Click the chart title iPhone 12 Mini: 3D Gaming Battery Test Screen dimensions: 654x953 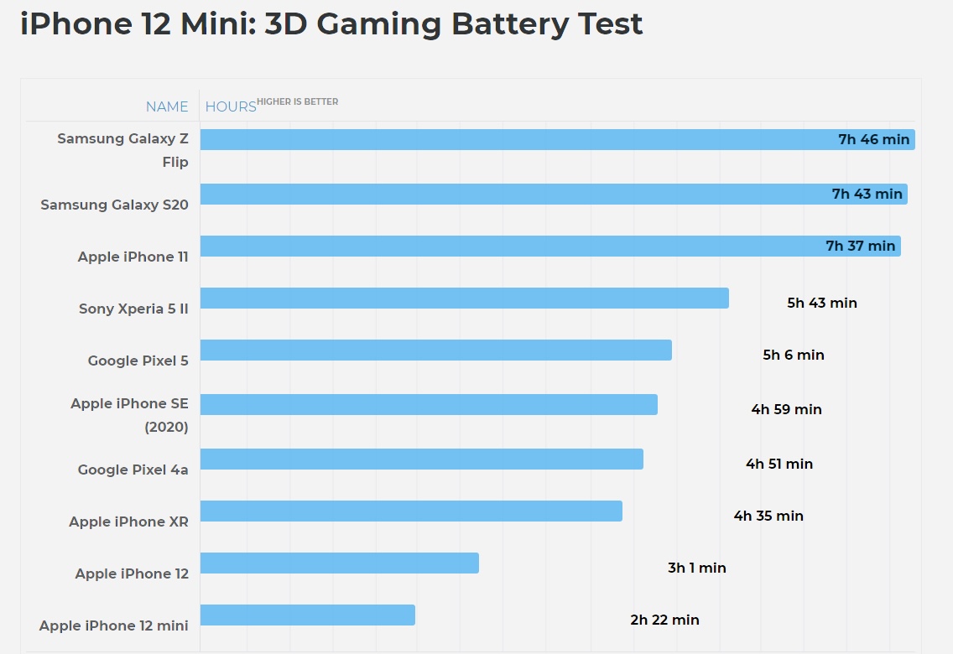tap(331, 23)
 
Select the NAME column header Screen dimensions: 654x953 tap(167, 106)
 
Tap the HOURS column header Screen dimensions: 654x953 tap(231, 106)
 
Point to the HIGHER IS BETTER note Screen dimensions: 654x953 tap(298, 101)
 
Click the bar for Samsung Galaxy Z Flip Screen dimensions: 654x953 tap(503, 139)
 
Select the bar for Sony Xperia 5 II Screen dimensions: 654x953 tap(464, 298)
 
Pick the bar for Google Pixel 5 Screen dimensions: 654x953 tap(435, 350)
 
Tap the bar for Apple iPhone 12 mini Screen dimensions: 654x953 tap(307, 615)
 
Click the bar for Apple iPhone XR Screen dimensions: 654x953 tap(411, 511)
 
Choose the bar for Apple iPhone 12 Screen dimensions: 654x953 tap(339, 563)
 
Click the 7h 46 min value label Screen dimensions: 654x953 tap(873, 139)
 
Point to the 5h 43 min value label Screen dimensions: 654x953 tap(821, 303)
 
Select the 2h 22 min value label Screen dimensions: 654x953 tap(664, 620)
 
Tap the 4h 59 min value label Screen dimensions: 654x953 tap(786, 409)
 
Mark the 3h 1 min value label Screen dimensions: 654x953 tap(696, 568)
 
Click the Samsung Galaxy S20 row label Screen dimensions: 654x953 tap(114, 205)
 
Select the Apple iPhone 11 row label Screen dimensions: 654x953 tap(133, 257)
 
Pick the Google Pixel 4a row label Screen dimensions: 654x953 tap(133, 470)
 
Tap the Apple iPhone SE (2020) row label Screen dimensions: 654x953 tap(129, 415)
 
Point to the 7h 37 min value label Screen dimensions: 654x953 tap(860, 246)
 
